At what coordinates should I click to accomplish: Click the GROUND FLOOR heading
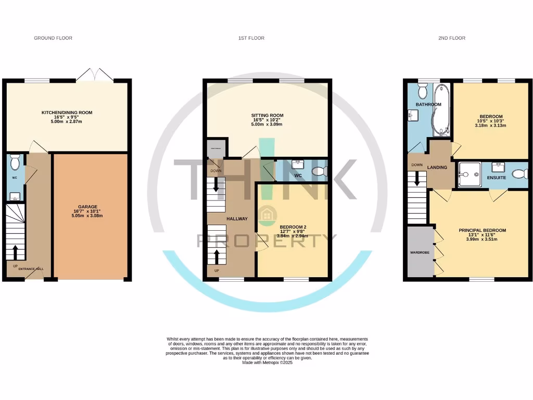(53, 38)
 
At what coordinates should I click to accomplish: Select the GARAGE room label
(92, 206)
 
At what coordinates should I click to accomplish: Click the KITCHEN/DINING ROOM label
(67, 113)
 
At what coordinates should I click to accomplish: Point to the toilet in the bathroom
(422, 92)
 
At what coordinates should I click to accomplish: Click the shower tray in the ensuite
(469, 174)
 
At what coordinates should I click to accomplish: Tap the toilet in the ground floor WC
(14, 162)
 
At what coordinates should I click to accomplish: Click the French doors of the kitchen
(94, 76)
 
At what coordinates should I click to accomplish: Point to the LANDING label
(437, 167)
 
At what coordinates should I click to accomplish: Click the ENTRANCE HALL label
(32, 268)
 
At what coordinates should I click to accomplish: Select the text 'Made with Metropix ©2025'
(268, 362)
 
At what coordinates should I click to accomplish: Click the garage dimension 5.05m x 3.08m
(92, 216)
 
